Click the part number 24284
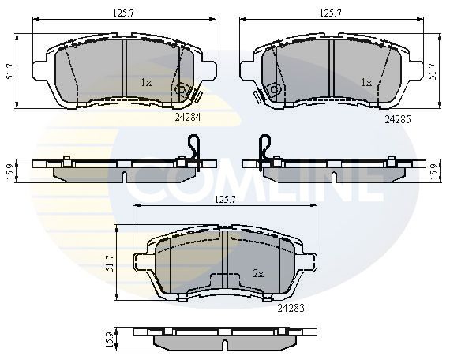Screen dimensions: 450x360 188,117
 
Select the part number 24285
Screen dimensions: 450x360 398,119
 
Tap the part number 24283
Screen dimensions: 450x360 291,308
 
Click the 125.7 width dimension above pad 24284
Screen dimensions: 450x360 123,13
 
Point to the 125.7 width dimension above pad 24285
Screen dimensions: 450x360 331,13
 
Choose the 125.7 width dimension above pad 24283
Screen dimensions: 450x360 225,200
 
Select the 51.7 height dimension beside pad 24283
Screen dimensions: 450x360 110,263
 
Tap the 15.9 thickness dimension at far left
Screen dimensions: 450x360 10,171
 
